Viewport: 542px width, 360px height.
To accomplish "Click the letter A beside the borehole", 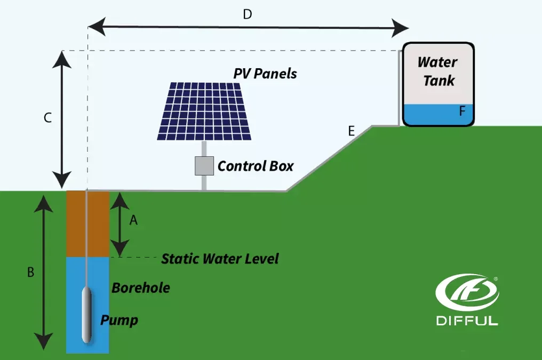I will click(x=133, y=220).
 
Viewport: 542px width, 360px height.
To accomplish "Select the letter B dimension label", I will click(x=31, y=272).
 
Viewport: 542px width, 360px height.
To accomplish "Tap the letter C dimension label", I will click(x=47, y=118).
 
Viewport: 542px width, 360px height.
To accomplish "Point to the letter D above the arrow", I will click(x=247, y=14).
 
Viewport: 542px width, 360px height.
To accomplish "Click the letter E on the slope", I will click(x=351, y=131).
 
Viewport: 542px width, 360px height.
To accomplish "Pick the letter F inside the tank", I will click(x=462, y=111).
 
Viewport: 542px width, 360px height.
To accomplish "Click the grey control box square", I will click(x=204, y=166).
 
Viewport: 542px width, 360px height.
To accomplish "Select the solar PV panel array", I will click(x=205, y=111).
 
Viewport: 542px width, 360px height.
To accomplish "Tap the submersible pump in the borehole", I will click(x=87, y=315).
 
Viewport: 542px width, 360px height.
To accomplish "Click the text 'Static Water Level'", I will click(x=220, y=259).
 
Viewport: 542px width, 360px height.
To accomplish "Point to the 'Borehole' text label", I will click(x=141, y=288).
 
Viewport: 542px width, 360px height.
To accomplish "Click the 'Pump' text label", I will click(x=119, y=321).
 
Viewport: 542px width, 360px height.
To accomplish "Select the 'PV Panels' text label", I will click(x=265, y=74).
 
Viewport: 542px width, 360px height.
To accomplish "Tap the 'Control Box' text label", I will click(x=256, y=166).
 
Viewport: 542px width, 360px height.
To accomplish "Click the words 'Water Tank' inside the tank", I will click(x=437, y=71).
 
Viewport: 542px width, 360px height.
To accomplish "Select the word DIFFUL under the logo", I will click(x=467, y=321).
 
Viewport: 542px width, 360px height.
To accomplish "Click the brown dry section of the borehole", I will click(x=87, y=224).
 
